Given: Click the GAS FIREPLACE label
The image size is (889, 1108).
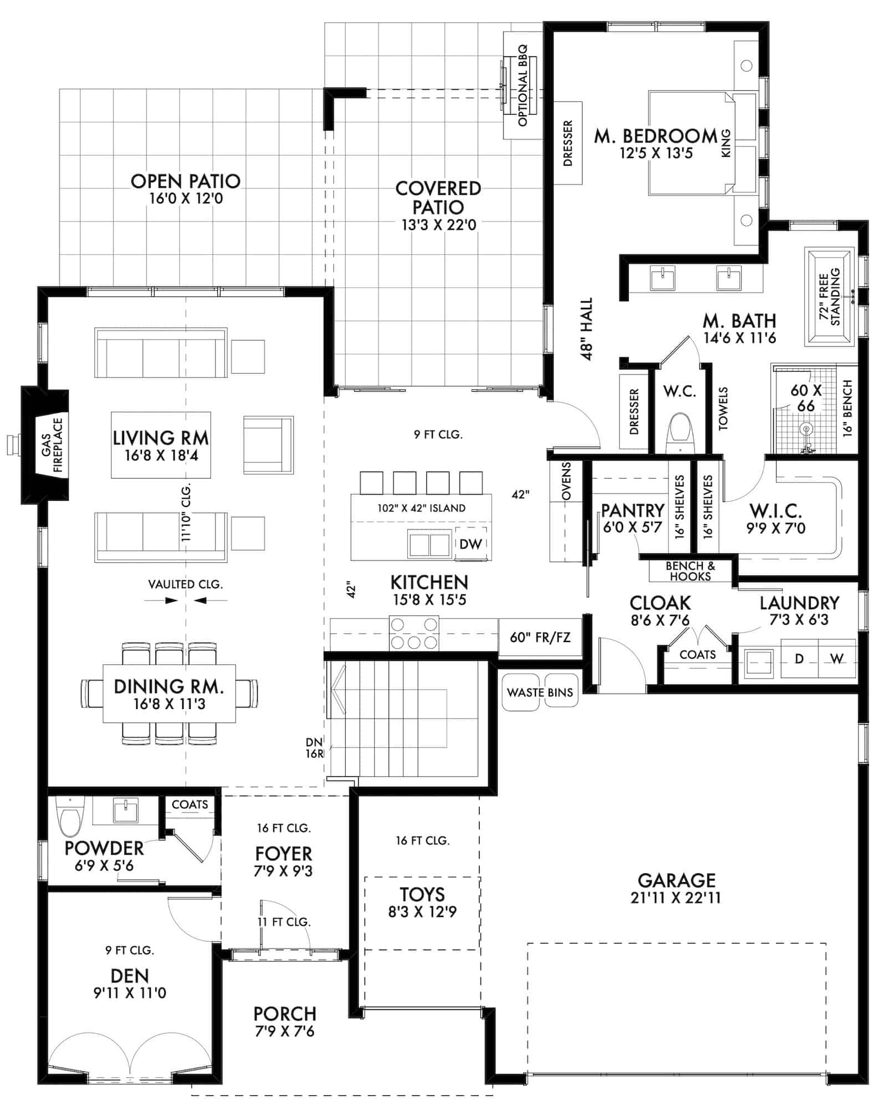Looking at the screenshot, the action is pyautogui.click(x=52, y=445).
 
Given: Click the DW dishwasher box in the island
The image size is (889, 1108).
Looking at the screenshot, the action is pyautogui.click(x=471, y=543).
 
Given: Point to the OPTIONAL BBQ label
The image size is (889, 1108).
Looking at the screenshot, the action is pyautogui.click(x=523, y=86).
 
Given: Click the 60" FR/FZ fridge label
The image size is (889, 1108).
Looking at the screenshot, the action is pyautogui.click(x=540, y=637).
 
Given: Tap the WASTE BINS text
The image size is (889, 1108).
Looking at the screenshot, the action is pyautogui.click(x=540, y=692).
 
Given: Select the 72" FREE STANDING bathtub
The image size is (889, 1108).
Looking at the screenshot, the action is pyautogui.click(x=830, y=297).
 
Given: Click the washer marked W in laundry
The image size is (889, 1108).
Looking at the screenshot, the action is pyautogui.click(x=837, y=659).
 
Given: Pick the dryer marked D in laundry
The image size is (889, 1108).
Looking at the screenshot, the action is pyautogui.click(x=799, y=659).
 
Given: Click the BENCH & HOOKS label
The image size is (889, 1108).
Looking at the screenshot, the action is pyautogui.click(x=690, y=571).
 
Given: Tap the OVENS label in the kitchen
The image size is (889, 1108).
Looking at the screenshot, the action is pyautogui.click(x=566, y=481).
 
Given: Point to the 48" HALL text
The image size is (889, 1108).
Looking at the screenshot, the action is pyautogui.click(x=587, y=329).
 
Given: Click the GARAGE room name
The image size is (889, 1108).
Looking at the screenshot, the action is pyautogui.click(x=676, y=880).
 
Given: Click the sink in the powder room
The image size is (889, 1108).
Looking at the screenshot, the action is pyautogui.click(x=126, y=811).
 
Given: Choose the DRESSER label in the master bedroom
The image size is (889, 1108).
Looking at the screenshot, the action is pyautogui.click(x=568, y=143).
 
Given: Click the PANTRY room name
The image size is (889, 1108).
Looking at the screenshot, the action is pyautogui.click(x=632, y=510).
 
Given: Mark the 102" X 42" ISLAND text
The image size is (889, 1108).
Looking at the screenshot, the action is pyautogui.click(x=421, y=508).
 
